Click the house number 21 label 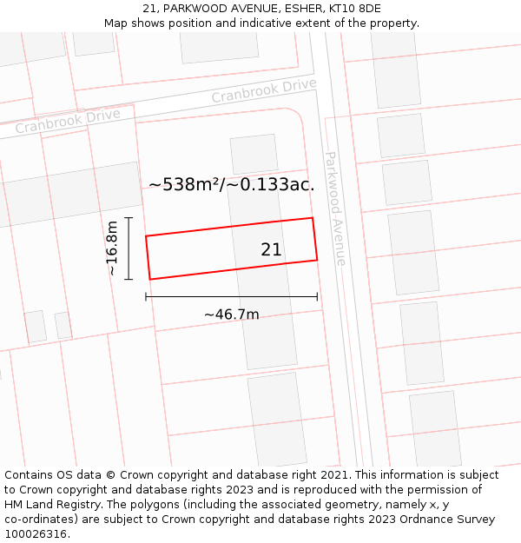(x=271, y=250)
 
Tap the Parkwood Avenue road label (x=335, y=209)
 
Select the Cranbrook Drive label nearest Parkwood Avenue (x=264, y=90)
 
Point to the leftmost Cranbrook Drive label (x=68, y=121)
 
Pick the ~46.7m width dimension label (x=231, y=315)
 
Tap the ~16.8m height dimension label (x=112, y=248)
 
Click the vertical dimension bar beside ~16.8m (x=129, y=248)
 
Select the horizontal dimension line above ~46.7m (x=231, y=297)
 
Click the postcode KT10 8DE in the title (x=355, y=9)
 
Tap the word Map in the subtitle (x=117, y=23)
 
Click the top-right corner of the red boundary (x=312, y=218)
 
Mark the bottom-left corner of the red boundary (x=150, y=279)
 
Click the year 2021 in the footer (x=334, y=475)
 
